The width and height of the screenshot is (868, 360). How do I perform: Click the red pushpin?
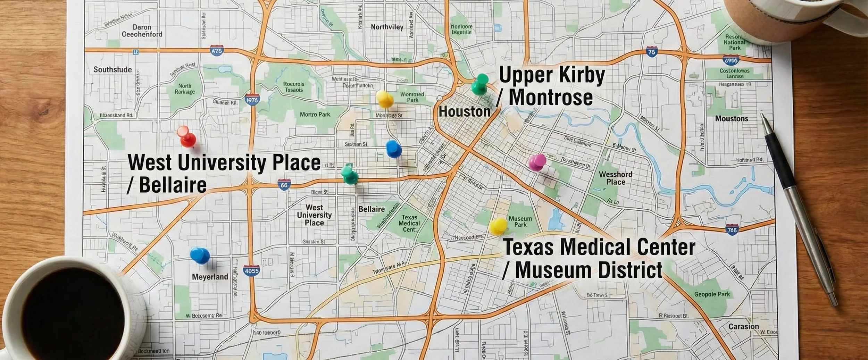point(187,136)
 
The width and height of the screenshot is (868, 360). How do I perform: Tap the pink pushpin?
point(537,162)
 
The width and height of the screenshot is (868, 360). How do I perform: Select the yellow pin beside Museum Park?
point(498,226)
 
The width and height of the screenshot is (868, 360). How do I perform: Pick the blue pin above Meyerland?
point(200,256)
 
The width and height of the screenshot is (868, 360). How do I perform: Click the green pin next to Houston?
point(480,84)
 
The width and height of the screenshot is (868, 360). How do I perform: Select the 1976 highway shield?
point(252,100)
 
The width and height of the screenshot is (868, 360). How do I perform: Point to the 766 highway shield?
point(732,230)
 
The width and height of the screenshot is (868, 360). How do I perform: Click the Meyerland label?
point(210,277)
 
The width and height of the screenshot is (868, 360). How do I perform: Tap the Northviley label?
point(387,27)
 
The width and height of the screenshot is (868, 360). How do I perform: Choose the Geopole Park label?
point(712,294)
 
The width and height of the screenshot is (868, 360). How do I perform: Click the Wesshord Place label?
point(616,178)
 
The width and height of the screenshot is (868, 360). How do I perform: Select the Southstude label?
point(112,69)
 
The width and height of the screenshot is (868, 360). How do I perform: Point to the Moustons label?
point(732,118)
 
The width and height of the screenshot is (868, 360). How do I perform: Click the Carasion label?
point(743,326)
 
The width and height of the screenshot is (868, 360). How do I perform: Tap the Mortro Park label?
point(315,114)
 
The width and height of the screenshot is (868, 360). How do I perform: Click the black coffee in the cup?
point(73,314)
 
